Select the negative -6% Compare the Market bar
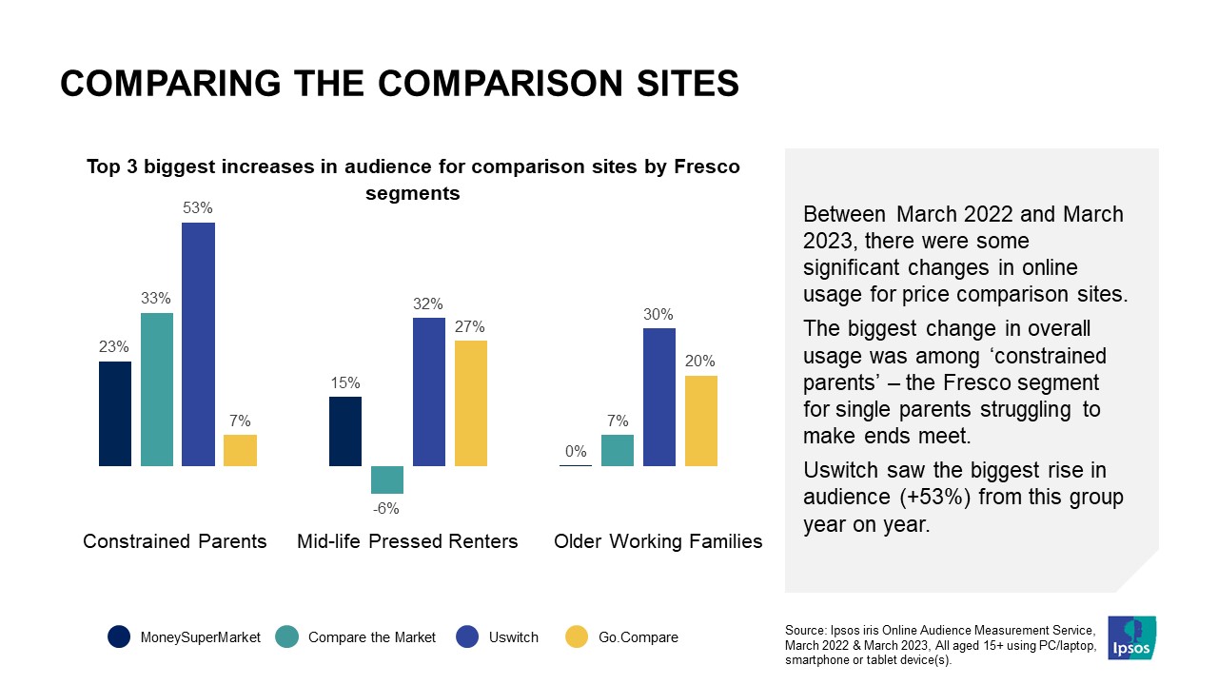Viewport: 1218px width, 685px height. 387,479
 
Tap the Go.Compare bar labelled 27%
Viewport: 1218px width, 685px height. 470,403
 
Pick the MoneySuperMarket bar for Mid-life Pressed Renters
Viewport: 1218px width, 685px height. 345,431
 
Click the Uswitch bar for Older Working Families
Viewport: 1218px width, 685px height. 659,397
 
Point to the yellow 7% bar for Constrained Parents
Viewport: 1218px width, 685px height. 240,450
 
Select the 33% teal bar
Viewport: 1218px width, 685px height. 157,389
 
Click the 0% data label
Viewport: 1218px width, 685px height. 576,452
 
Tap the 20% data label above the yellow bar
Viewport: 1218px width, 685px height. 701,362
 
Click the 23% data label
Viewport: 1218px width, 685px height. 115,347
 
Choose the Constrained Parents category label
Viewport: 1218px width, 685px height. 175,541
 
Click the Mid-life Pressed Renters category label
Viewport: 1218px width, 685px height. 407,541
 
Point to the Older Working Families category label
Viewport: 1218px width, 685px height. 658,541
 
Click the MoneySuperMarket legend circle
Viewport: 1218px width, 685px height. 119,637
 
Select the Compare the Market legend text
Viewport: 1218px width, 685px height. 372,637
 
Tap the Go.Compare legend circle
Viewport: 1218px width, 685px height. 578,637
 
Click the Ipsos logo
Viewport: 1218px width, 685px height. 1132,637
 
